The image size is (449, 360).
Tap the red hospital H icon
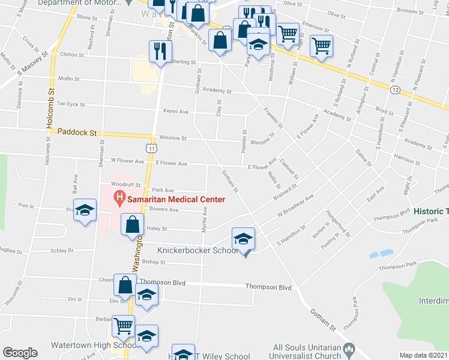[119, 197]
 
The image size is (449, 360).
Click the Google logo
[19, 353]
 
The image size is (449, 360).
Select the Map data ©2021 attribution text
[423, 355]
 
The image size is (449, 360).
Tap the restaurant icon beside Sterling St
[159, 50]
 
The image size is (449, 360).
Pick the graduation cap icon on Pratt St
[85, 209]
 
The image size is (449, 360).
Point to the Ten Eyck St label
[70, 104]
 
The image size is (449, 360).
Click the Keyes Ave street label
[176, 112]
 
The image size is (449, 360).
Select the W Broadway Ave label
[295, 206]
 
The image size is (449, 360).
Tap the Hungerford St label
[338, 223]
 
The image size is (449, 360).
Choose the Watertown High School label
[88, 346]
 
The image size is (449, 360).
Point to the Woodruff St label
[125, 185]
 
